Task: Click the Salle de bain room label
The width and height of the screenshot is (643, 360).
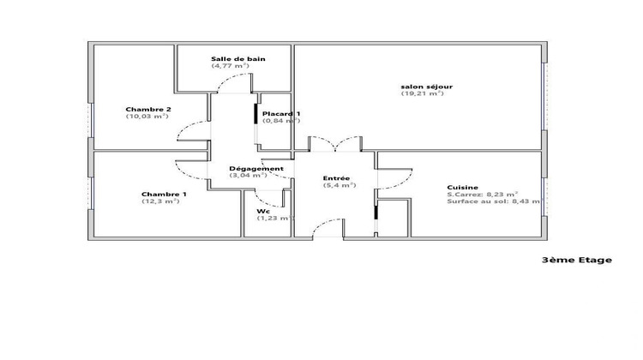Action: tap(238, 59)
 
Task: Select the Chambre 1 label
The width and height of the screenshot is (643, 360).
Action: tap(164, 194)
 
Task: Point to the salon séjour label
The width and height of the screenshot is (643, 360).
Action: tap(427, 87)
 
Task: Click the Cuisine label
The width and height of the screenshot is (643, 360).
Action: tap(462, 188)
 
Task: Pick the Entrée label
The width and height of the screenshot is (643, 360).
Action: tap(336, 178)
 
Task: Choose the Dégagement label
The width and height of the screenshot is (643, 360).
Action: tap(256, 168)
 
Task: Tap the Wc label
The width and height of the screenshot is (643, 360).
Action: tap(261, 211)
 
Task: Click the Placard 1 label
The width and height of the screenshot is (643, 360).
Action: tap(281, 114)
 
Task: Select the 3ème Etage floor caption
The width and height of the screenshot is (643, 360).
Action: tap(577, 261)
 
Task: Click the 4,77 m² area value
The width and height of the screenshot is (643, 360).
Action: tap(230, 66)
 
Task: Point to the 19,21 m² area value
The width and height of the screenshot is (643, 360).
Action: tap(422, 93)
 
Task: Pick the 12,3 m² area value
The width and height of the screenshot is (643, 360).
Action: tap(161, 201)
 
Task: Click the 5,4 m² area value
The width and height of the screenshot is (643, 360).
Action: tap(339, 185)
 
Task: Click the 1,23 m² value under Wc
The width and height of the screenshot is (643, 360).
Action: tap(275, 218)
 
